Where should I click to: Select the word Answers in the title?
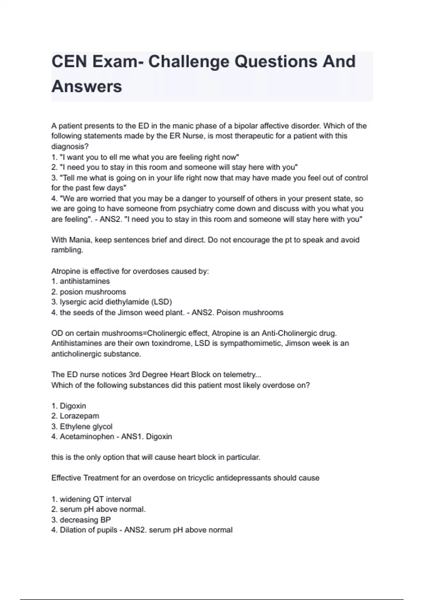pyautogui.click(x=87, y=86)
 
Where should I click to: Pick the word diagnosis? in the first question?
pyautogui.click(x=70, y=146)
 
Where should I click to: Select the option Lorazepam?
pyautogui.click(x=79, y=416)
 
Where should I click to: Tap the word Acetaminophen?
pyautogui.click(x=87, y=437)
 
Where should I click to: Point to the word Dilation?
pyautogui.click(x=73, y=530)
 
